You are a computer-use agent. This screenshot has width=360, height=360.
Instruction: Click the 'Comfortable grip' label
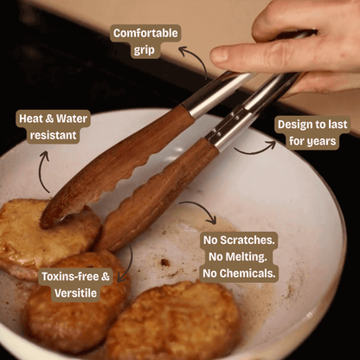click(x=145, y=42)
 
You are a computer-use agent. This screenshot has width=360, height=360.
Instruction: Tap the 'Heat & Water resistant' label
click(x=48, y=126)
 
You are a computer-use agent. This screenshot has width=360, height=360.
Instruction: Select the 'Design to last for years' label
click(x=312, y=132)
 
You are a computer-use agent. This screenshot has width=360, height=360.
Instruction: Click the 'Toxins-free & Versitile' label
click(x=75, y=285)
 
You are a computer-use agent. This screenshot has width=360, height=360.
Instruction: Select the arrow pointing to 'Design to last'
click(x=255, y=147)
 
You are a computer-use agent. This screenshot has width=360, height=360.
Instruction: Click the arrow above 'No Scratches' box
click(x=197, y=210)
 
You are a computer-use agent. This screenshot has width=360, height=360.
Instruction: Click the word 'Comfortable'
click(x=145, y=33)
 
